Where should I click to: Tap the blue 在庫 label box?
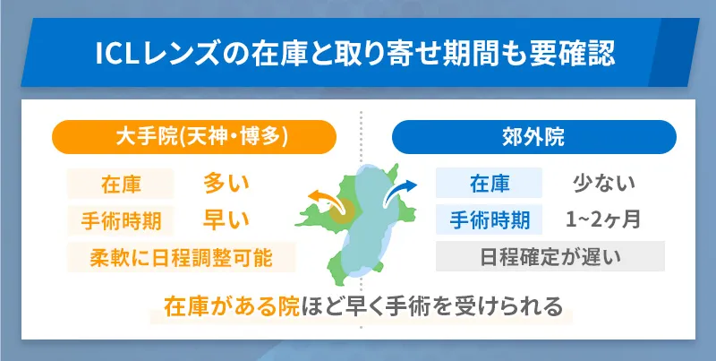tap(489, 184)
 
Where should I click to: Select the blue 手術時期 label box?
tap(489, 219)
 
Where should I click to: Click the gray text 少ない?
tap(603, 184)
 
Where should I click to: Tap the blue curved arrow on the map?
tap(400, 189)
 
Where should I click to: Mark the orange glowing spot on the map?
tap(340, 212)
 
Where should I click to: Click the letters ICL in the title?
tap(119, 54)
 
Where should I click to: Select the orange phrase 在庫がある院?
tap(219, 306)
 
